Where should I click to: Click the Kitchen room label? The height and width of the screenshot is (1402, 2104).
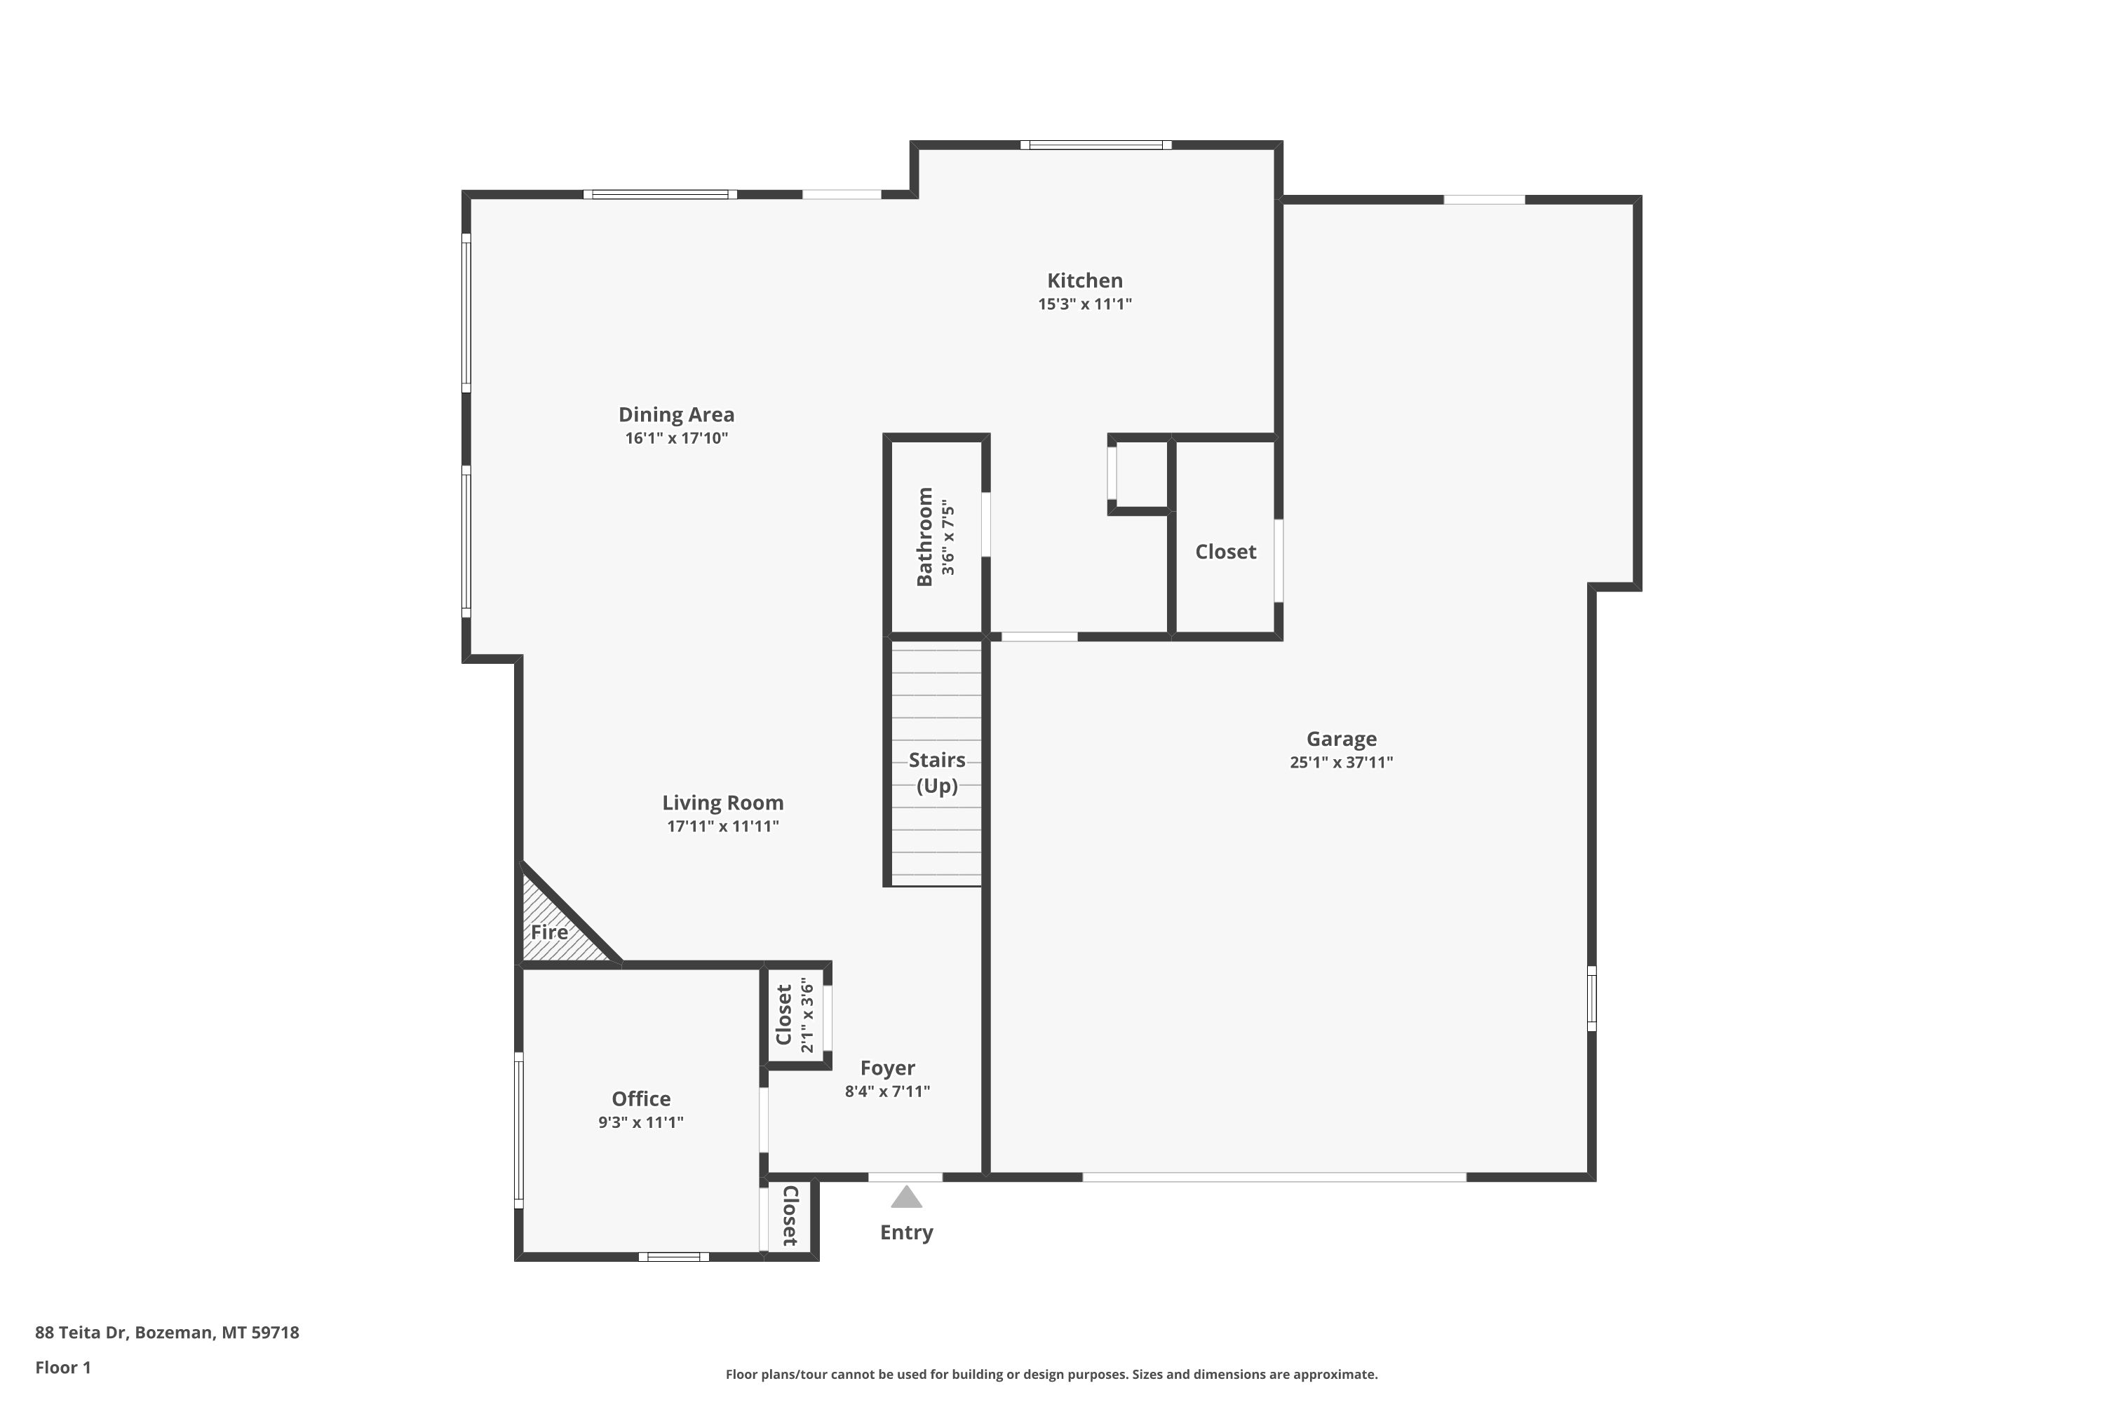point(1084,281)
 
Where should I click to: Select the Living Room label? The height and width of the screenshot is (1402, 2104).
point(723,803)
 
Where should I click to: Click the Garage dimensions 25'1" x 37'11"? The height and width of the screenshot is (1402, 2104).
point(1341,763)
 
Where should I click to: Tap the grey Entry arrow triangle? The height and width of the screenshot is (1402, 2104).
point(906,1197)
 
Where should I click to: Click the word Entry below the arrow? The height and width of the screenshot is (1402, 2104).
point(906,1232)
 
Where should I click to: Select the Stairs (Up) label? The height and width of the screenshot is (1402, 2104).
point(936,773)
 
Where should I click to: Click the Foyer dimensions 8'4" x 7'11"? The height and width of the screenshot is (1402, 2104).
point(887,1091)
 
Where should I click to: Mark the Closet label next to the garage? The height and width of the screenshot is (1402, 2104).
point(1225,552)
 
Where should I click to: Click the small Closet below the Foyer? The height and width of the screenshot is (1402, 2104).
point(789,1216)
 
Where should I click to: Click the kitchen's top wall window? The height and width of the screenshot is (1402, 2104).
point(1095,145)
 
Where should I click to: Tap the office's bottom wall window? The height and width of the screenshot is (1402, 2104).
point(673,1256)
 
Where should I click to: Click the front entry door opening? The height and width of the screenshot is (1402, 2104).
point(905,1177)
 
